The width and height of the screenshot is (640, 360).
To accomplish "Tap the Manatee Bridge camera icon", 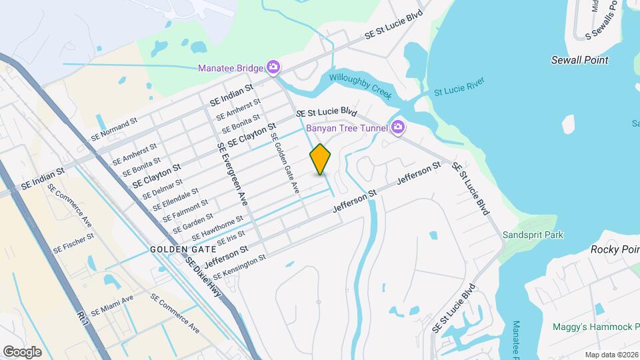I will tap(273, 67).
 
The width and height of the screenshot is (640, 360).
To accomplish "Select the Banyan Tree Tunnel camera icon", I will tap(398, 127).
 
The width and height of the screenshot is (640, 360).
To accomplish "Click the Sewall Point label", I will tap(579, 60).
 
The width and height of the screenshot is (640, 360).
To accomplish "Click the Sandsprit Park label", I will tap(533, 235).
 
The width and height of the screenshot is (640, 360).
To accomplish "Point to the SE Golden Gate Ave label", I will tap(285, 163).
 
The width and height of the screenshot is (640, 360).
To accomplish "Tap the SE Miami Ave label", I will tap(113, 305).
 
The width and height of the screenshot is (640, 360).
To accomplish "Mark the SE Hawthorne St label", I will tap(217, 229).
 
